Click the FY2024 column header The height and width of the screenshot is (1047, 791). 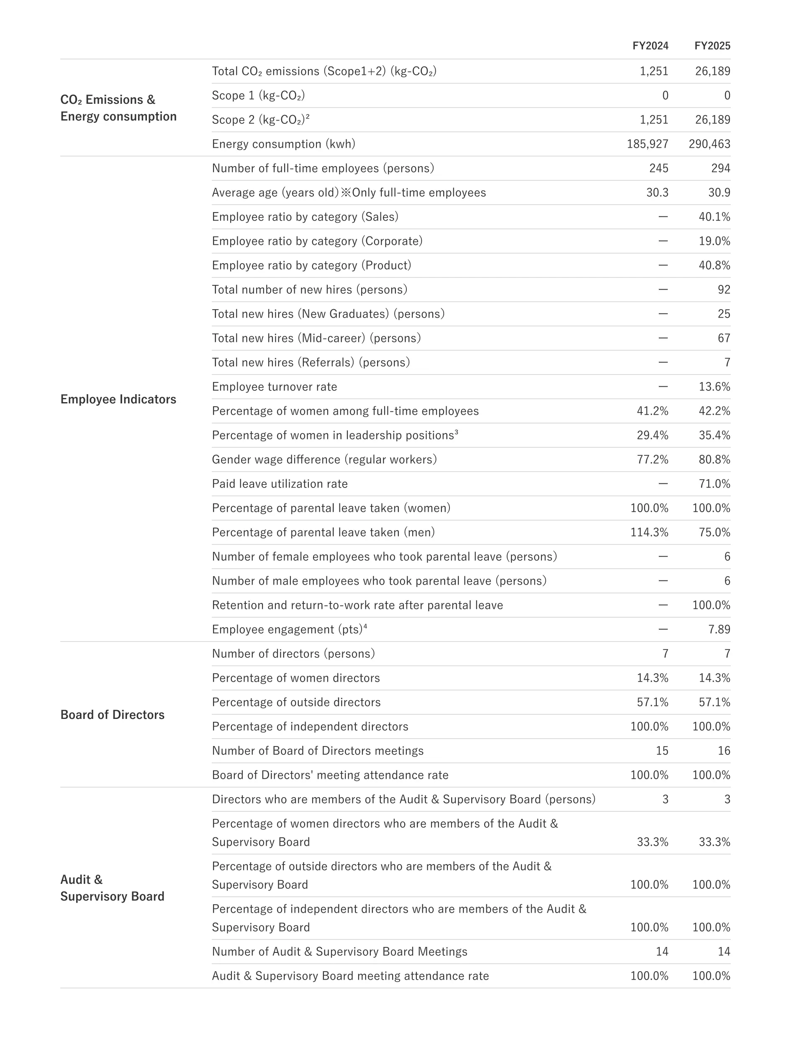[650, 46]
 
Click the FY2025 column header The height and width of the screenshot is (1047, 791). [712, 46]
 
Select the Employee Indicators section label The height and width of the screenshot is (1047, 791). [118, 400]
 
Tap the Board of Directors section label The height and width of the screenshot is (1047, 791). [112, 715]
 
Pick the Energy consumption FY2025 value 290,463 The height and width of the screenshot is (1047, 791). [709, 144]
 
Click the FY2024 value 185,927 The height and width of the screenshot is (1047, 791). [647, 144]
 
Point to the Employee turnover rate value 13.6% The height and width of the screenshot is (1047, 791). [714, 387]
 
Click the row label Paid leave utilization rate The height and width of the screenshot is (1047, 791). [280, 484]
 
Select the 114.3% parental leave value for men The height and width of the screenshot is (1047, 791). [649, 532]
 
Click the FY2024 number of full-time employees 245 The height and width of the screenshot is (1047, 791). [658, 169]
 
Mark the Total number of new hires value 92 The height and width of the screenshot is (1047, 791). [724, 290]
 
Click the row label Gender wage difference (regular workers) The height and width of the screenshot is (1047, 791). [324, 459]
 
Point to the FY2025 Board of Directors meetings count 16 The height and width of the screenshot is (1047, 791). [724, 751]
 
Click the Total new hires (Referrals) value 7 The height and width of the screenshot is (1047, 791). [727, 362]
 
